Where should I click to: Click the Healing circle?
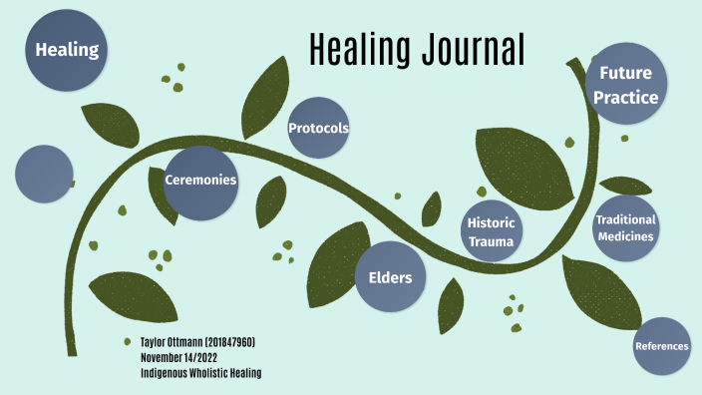pyautogui.click(x=68, y=51)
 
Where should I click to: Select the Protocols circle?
pyautogui.click(x=318, y=129)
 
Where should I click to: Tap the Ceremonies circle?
pyautogui.click(x=200, y=182)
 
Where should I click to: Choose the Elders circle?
pyautogui.click(x=390, y=276)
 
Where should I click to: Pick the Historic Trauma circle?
pyautogui.click(x=493, y=231)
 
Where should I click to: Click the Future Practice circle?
pyautogui.click(x=625, y=86)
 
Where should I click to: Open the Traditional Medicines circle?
pyautogui.click(x=626, y=228)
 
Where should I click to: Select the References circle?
pyautogui.click(x=661, y=346)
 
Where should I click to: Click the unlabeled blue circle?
pyautogui.click(x=45, y=174)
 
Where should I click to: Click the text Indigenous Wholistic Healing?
pyautogui.click(x=200, y=372)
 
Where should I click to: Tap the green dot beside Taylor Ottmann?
pyautogui.click(x=128, y=342)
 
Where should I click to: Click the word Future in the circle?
pyautogui.click(x=625, y=74)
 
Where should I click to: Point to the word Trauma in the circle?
pyautogui.click(x=493, y=241)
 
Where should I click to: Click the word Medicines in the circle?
pyautogui.click(x=626, y=237)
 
